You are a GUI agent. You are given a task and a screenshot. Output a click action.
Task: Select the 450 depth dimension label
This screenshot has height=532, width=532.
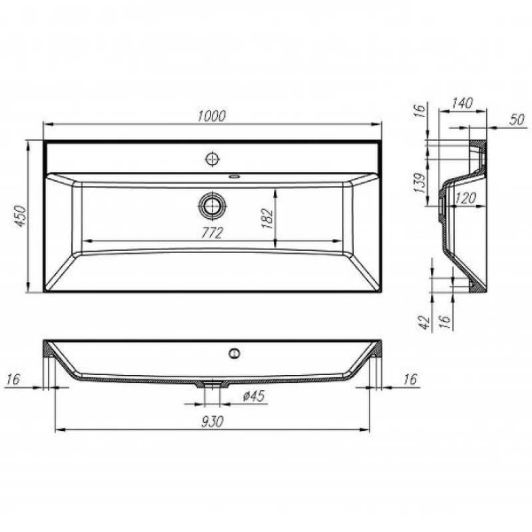pos(26,216)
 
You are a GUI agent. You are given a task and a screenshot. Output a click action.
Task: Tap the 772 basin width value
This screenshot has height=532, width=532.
pos(212,232)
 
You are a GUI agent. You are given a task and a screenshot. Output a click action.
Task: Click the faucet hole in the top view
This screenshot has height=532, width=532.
pos(212,159)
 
